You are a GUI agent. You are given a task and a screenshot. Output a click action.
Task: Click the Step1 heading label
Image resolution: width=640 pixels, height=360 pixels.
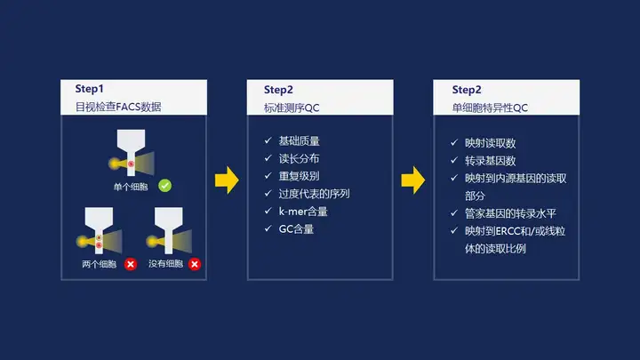[x=89, y=90]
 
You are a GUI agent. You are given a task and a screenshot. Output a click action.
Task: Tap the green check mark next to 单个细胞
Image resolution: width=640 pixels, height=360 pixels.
[x=164, y=186]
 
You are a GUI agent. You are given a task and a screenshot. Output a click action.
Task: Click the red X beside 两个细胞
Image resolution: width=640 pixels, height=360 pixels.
[x=131, y=264]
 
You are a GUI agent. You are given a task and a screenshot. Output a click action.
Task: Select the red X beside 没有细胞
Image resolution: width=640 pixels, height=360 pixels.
[x=195, y=264]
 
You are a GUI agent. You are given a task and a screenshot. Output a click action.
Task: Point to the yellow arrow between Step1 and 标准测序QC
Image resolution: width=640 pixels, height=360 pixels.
[x=228, y=180]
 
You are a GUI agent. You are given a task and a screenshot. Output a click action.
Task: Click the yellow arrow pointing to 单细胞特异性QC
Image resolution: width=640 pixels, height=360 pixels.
[x=413, y=180]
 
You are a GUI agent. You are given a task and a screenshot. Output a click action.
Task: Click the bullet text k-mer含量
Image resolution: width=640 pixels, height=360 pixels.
[x=305, y=212]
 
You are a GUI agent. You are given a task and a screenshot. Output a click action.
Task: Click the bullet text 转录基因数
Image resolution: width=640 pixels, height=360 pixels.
[x=485, y=160]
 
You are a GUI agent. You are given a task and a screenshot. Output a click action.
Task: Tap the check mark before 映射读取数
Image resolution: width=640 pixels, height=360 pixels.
[x=455, y=143]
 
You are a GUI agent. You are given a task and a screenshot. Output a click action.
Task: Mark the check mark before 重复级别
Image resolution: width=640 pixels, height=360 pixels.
[x=268, y=177]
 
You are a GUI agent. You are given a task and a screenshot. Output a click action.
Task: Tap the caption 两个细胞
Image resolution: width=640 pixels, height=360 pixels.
[x=99, y=264]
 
